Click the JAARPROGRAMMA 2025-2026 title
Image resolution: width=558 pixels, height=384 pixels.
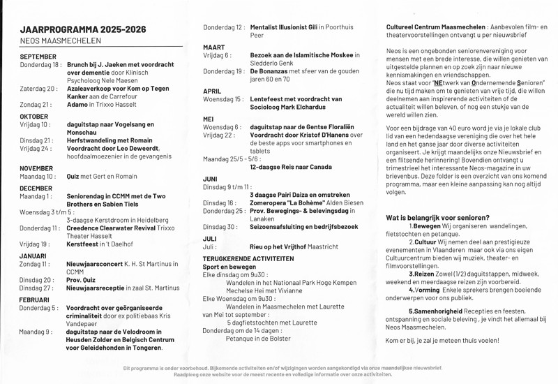tap(93, 30)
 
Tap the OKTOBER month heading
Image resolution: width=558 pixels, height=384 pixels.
tap(34, 116)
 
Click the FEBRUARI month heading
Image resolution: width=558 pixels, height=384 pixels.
tap(34, 299)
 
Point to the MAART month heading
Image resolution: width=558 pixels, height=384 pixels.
tap(214, 47)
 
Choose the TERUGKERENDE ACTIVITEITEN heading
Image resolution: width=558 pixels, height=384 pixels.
tap(248, 258)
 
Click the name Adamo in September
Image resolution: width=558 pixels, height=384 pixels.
tap(79, 104)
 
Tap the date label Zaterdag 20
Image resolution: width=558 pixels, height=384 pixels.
tap(38, 89)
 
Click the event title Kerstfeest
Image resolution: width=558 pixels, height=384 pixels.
tap(84, 244)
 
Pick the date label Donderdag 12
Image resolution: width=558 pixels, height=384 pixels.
tap(223, 27)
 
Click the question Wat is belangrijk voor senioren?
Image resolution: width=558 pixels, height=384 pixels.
tap(437, 218)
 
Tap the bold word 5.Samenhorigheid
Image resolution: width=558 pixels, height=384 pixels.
tap(437, 310)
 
